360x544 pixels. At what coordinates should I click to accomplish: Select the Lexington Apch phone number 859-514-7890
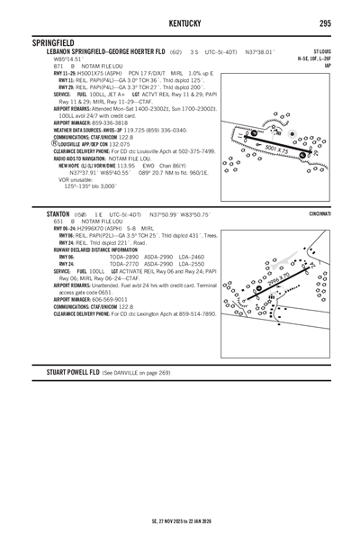[x=195, y=314]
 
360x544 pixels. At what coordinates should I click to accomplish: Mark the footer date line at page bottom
[x=180, y=521]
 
